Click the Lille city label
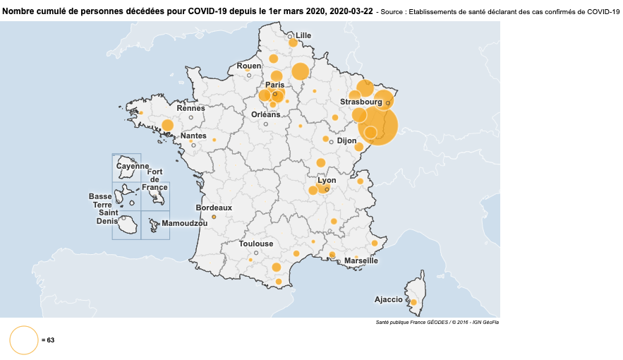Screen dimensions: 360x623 pyautogui.click(x=303, y=35)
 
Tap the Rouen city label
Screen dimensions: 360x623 pyautogui.click(x=248, y=66)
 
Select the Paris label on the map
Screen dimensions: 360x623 pyautogui.click(x=275, y=85)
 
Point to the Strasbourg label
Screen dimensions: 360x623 pyautogui.click(x=361, y=102)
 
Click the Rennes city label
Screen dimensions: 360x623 pyautogui.click(x=190, y=108)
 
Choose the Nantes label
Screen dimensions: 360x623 pyautogui.click(x=193, y=136)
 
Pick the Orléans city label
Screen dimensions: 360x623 pyautogui.click(x=265, y=114)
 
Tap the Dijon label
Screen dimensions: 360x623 pyautogui.click(x=346, y=140)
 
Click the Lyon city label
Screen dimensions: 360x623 pyautogui.click(x=327, y=180)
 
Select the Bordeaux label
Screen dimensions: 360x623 pyautogui.click(x=214, y=208)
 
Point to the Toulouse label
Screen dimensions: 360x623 pyautogui.click(x=255, y=244)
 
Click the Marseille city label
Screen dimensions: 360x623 pyautogui.click(x=361, y=260)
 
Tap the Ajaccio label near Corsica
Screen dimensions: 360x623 pyautogui.click(x=388, y=299)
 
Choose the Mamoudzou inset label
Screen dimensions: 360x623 pyautogui.click(x=184, y=223)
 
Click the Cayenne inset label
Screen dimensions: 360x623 pyautogui.click(x=132, y=166)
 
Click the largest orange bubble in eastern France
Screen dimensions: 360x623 pyautogui.click(x=378, y=125)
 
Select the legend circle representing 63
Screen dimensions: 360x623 pyautogui.click(x=23, y=340)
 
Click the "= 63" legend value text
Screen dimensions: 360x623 pyautogui.click(x=48, y=340)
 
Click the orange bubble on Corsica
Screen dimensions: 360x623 pyautogui.click(x=413, y=302)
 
